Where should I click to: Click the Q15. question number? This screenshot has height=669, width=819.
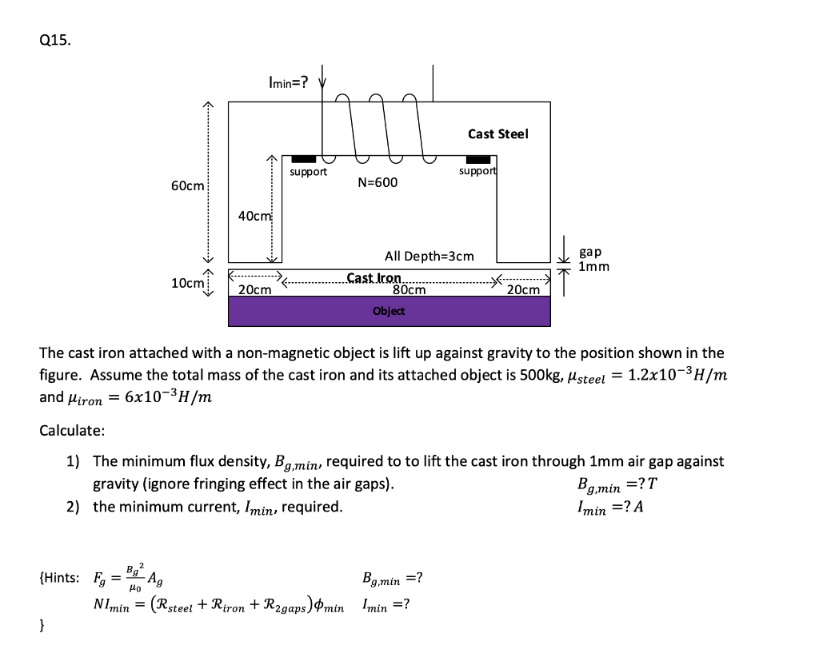click(x=54, y=42)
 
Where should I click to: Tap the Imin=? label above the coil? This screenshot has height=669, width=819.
click(x=288, y=82)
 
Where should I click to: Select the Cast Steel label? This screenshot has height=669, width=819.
click(x=497, y=133)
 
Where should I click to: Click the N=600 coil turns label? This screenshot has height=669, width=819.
click(x=377, y=183)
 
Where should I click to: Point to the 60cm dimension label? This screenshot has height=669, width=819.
click(x=187, y=185)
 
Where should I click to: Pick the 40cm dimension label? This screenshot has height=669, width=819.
click(x=255, y=216)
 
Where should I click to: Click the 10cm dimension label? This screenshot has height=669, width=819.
click(x=187, y=283)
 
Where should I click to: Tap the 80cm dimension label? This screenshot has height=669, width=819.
click(x=409, y=289)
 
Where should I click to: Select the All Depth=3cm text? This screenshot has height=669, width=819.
click(x=429, y=256)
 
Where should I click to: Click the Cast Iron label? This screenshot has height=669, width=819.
click(x=374, y=277)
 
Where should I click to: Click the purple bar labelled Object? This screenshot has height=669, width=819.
click(x=389, y=311)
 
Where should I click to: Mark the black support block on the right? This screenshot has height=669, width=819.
click(x=477, y=160)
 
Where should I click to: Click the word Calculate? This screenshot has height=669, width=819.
click(x=72, y=431)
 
